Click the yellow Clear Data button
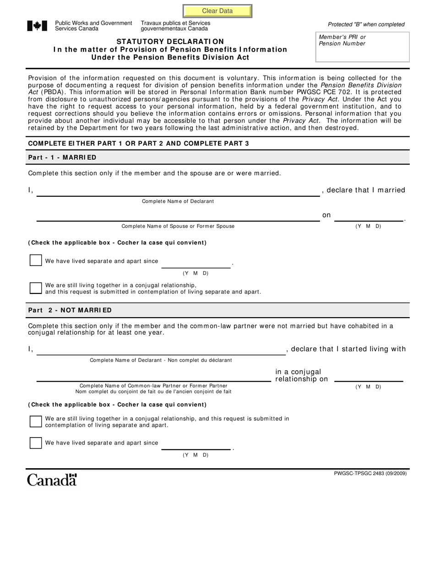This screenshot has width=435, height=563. tap(217, 11)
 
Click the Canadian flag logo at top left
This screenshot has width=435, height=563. tap(37, 26)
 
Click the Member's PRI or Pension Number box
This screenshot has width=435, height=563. tap(362, 47)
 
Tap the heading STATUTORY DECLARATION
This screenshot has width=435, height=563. tap(170, 42)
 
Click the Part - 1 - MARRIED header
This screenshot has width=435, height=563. tap(62, 157)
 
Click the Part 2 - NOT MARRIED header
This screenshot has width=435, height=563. tap(70, 310)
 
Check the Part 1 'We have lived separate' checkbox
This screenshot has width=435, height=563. tap(36, 260)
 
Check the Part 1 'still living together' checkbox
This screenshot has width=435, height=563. tap(36, 288)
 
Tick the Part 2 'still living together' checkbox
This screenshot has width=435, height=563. tap(36, 421)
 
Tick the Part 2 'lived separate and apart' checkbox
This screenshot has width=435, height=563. tap(36, 443)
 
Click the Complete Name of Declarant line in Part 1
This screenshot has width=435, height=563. tap(178, 192)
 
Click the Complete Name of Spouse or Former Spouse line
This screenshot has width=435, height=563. tap(178, 217)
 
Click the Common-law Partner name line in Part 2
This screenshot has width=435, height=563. tap(153, 377)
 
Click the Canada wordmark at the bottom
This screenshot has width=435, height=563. tap(52, 480)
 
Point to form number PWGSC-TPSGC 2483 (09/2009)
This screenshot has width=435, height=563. tap(370, 473)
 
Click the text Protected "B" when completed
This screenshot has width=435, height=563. tap(366, 24)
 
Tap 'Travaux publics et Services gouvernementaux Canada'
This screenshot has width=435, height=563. tap(175, 26)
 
